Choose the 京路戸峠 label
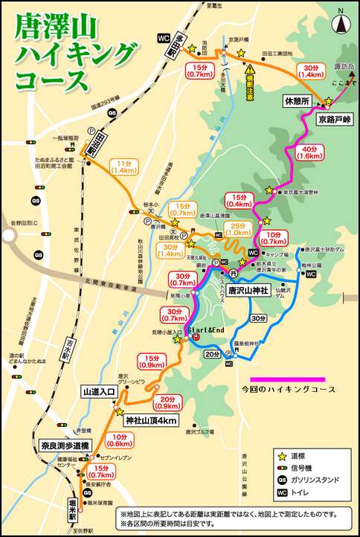click(x=332, y=119)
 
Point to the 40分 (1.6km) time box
click(x=309, y=152)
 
